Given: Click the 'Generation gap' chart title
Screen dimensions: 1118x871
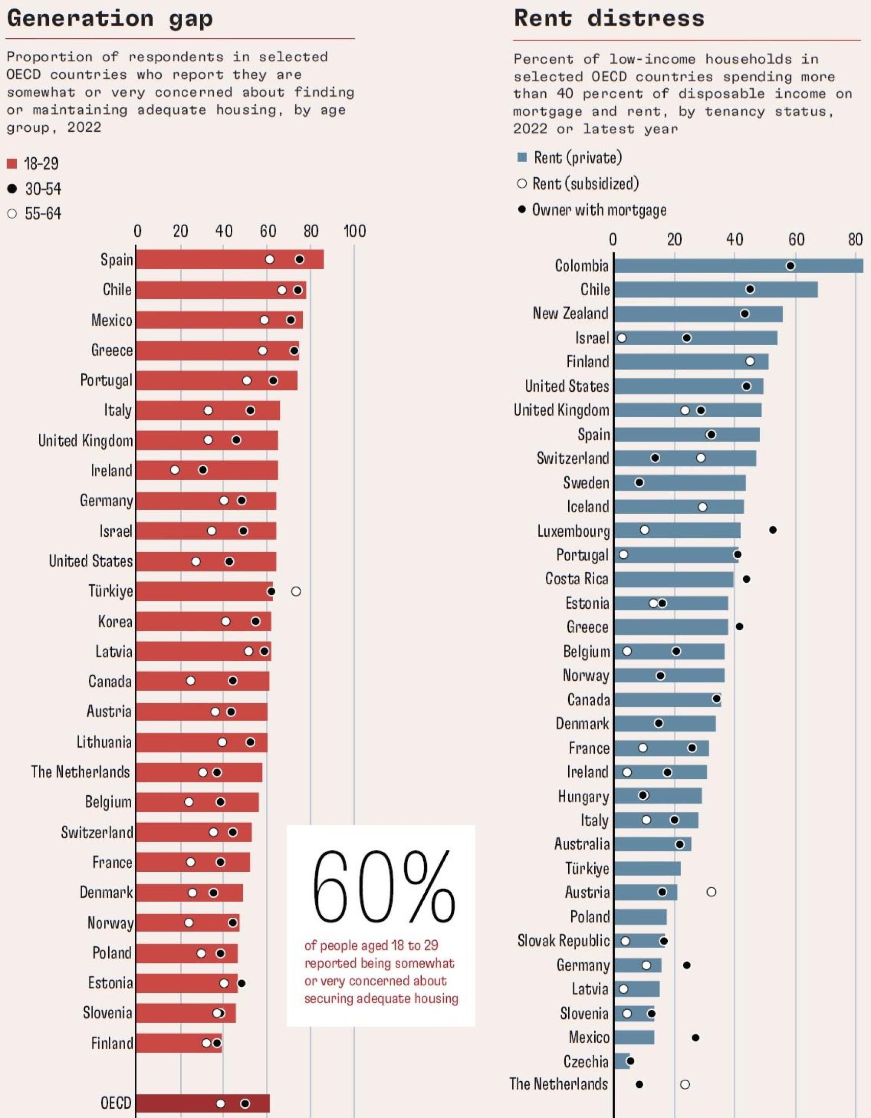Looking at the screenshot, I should [110, 18].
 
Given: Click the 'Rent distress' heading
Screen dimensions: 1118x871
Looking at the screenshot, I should [609, 18].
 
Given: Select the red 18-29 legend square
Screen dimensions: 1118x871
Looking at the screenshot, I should [12, 164].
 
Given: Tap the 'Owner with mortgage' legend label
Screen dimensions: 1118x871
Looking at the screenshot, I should [599, 210].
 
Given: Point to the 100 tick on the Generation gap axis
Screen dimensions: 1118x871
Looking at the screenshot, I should [354, 231].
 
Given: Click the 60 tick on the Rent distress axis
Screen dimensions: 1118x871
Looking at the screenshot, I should [796, 240].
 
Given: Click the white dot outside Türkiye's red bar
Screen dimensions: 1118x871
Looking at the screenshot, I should [296, 592].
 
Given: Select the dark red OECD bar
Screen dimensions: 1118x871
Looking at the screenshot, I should [203, 1103].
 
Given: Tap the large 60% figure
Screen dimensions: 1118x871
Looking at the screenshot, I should [383, 886].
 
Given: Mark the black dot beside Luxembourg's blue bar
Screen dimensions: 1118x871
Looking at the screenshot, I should [773, 530].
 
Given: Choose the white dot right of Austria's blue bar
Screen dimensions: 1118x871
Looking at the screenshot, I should [711, 892].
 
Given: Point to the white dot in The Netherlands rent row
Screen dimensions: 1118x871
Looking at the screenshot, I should [685, 1084].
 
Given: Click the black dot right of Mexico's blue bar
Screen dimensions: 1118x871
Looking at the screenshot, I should [695, 1038].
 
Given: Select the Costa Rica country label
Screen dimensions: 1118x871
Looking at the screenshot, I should [577, 579].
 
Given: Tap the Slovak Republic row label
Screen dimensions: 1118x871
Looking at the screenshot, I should [564, 941].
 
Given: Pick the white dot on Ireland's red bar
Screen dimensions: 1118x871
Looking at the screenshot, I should [175, 470].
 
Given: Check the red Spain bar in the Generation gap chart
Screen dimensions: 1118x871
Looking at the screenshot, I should [230, 259].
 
